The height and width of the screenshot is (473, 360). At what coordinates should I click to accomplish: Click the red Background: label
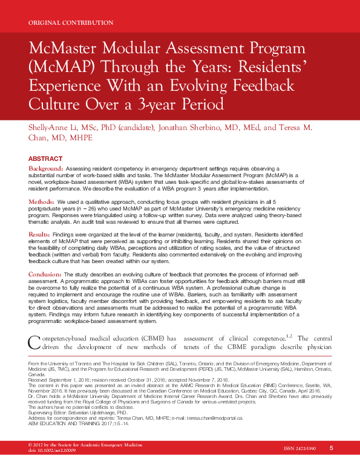[47, 167]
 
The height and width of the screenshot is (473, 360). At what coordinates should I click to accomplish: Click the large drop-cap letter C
[36, 342]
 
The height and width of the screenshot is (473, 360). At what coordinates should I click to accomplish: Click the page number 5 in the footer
[332, 465]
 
